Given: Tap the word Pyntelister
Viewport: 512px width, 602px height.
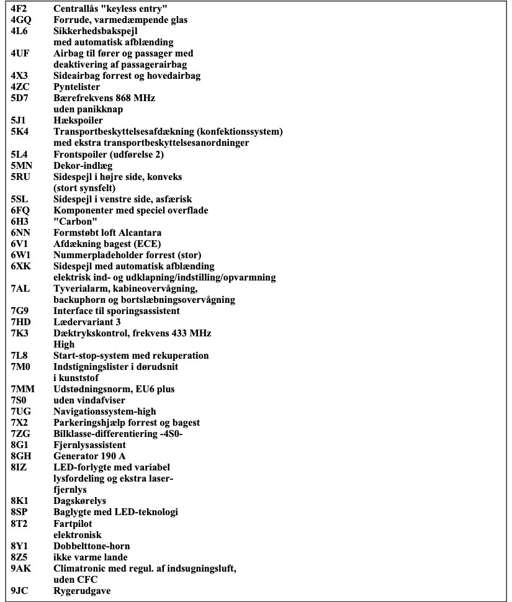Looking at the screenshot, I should [76, 87].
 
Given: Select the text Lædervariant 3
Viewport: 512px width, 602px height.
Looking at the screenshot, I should [87, 322].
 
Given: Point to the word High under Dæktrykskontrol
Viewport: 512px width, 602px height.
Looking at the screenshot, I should [64, 344].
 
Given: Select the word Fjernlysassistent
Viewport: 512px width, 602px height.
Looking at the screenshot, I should [89, 445].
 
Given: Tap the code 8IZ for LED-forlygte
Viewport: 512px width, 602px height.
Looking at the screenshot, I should [18, 467].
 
